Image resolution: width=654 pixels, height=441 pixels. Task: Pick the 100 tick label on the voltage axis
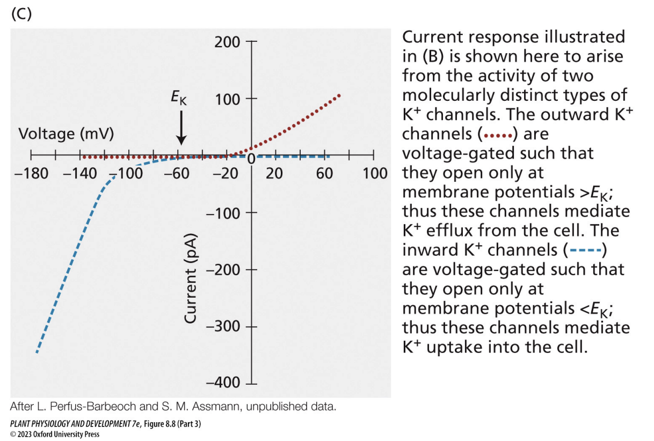point(375,173)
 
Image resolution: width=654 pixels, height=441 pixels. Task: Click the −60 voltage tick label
point(177,173)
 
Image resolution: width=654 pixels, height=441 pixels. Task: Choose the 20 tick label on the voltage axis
point(274,173)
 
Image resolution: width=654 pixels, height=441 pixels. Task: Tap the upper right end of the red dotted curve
point(339,95)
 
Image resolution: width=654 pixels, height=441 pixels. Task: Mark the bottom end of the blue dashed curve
point(37,351)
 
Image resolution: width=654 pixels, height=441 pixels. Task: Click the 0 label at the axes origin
point(251,159)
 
